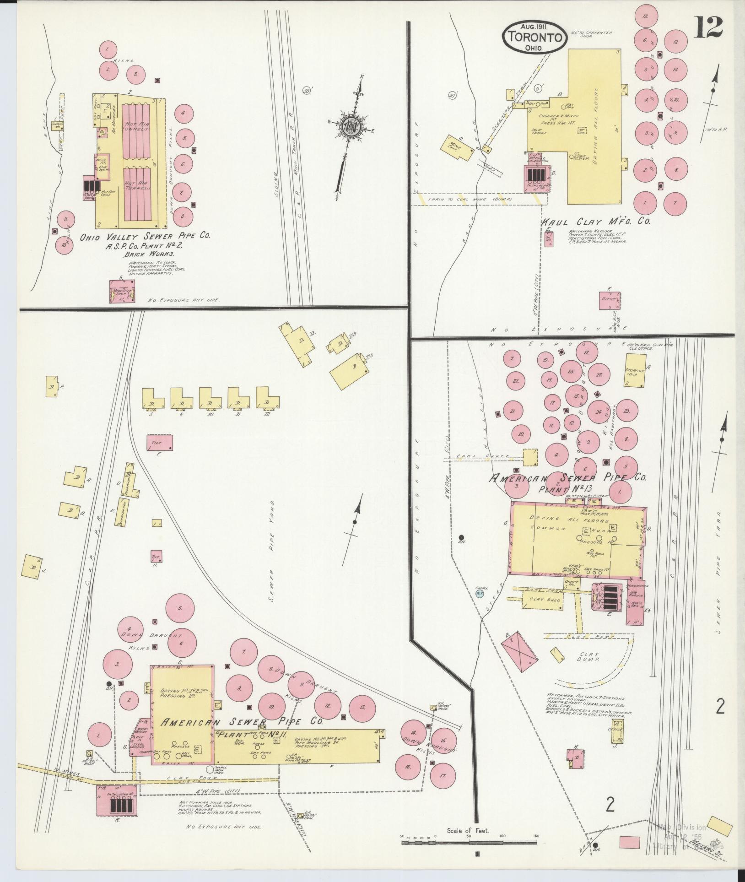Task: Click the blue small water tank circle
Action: point(480,594)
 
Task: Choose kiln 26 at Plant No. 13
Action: point(599,375)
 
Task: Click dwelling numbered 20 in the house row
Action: point(210,398)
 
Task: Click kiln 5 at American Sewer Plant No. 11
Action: point(180,608)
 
